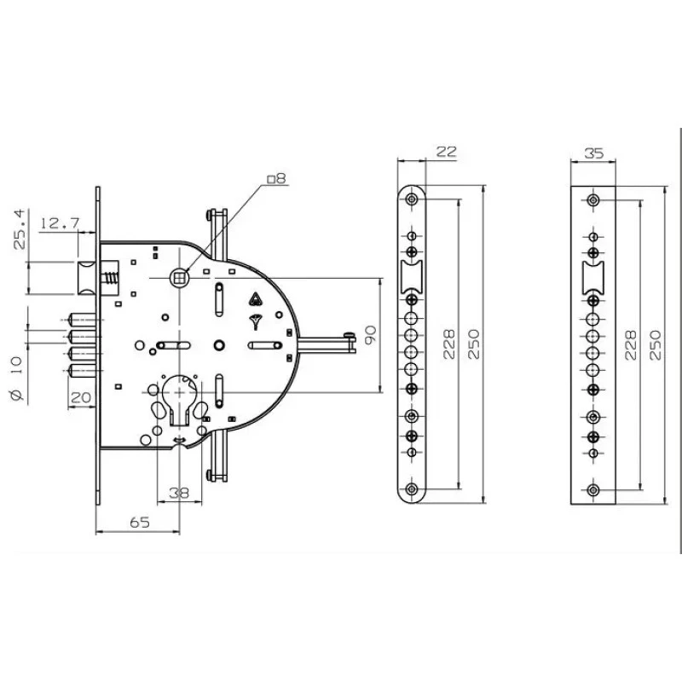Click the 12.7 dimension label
tap(60, 223)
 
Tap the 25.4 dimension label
tap(20, 229)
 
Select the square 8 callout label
tap(276, 178)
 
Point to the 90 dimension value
tap(370, 335)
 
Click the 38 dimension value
tap(179, 494)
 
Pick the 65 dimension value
tap(140, 522)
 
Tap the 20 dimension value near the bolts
tap(80, 396)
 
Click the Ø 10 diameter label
tap(15, 379)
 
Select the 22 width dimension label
tap(446, 152)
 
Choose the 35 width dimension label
tap(593, 153)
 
